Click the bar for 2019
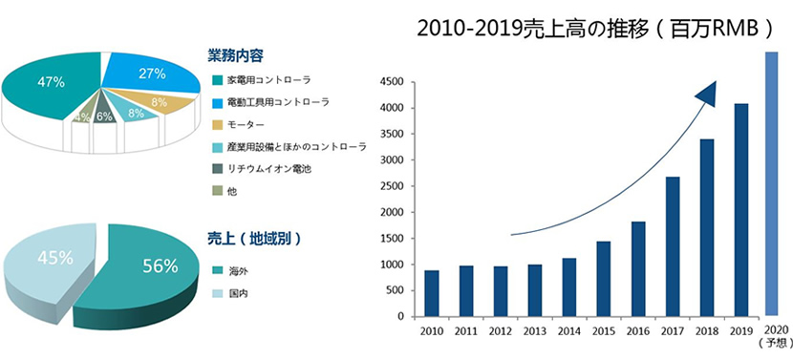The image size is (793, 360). pos(740,210)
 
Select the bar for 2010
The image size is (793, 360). pos(432,293)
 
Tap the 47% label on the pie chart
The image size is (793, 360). pos(51,82)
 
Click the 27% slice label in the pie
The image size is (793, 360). pos(152,74)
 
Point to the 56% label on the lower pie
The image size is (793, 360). pos(161,266)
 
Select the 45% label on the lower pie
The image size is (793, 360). pos(53,257)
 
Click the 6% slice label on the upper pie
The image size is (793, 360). pos(104,116)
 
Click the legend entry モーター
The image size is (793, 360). pos(246,124)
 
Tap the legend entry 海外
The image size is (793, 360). pos(237,270)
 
